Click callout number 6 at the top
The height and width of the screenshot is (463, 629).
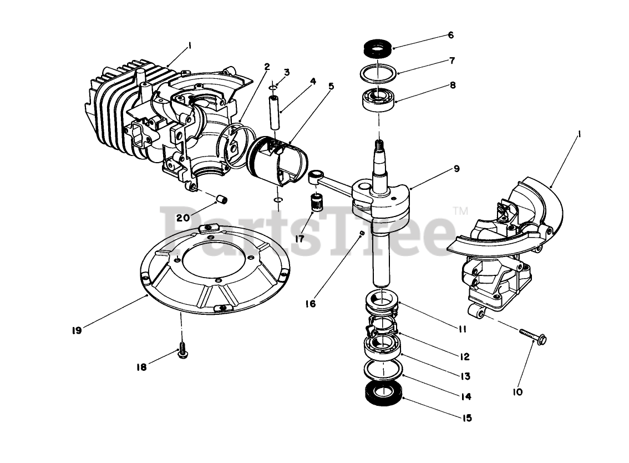tap(450, 35)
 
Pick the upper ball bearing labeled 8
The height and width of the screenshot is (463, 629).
tap(377, 99)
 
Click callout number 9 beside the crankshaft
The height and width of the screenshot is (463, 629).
tap(456, 168)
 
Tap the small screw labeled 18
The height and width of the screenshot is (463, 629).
tap(182, 352)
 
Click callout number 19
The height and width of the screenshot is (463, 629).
tap(77, 330)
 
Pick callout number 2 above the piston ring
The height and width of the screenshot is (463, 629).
tap(267, 67)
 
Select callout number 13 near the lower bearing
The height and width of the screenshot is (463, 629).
tap(465, 376)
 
